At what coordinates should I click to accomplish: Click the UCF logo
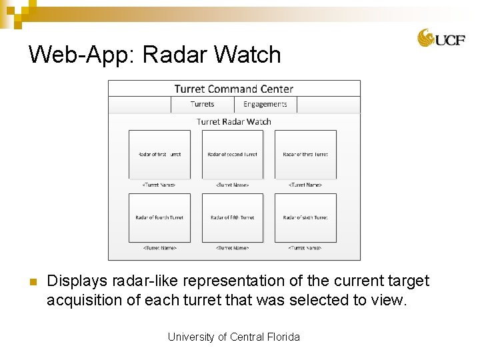tap(441, 38)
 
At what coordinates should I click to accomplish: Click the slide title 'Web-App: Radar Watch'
tap(155, 55)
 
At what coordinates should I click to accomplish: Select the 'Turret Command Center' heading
tap(233, 89)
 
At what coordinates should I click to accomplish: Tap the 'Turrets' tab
tap(202, 104)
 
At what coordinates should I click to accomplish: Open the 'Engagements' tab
tap(265, 104)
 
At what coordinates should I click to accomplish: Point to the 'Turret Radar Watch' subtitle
tap(233, 121)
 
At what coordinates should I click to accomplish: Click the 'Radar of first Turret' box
tap(159, 154)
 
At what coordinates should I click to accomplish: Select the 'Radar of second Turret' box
tap(232, 154)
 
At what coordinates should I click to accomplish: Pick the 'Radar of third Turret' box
tap(305, 154)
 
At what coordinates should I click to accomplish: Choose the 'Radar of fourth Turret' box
tap(159, 217)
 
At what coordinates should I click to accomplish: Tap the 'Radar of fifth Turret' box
tap(232, 217)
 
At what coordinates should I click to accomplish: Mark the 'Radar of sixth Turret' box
tap(305, 217)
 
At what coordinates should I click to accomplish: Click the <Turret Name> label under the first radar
tap(159, 185)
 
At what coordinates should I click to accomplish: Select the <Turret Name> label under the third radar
tap(305, 185)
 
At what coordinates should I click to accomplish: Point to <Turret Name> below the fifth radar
tap(232, 248)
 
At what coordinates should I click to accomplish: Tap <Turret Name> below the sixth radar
tap(305, 248)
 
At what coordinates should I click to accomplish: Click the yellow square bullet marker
tap(31, 281)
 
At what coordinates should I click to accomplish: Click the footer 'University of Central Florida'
tap(233, 337)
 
